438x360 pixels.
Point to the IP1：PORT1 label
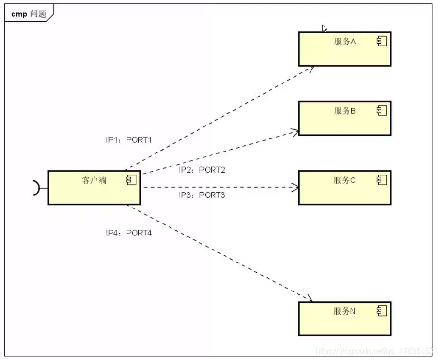pos(129,140)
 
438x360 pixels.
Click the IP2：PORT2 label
pos(202,170)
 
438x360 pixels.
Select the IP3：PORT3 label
pos(202,195)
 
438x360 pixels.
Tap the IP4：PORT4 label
pos(129,233)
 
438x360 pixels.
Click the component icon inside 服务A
pos(382,42)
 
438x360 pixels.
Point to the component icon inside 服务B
pos(382,111)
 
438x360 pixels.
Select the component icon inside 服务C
pos(382,180)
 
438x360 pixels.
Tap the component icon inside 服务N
pos(382,311)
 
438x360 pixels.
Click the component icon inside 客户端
pos(131,180)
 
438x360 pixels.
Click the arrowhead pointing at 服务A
pos(311,69)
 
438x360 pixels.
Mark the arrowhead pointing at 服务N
pos(310,300)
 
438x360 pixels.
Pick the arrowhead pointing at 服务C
pos(296,187)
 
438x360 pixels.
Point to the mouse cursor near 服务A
pos(325,28)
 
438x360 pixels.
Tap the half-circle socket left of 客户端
pos(36,188)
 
